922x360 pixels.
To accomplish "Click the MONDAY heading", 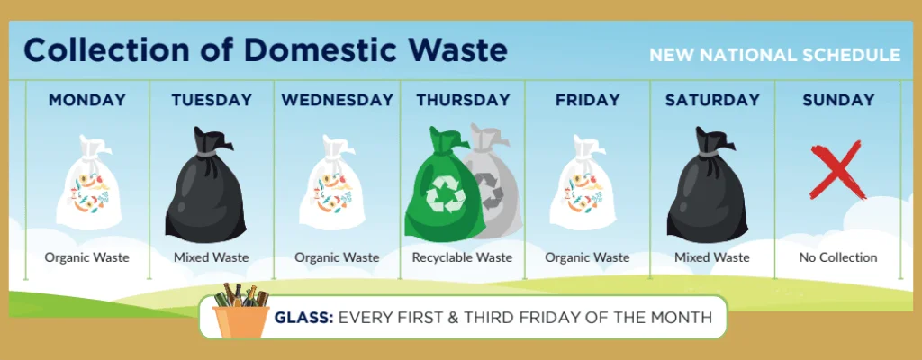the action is pyautogui.click(x=87, y=100).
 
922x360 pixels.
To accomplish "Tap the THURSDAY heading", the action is pyautogui.click(x=463, y=100).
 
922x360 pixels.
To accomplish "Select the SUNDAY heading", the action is pyautogui.click(x=838, y=100).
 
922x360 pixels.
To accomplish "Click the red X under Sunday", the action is pyautogui.click(x=838, y=170).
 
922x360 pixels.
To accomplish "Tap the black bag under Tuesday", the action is pyautogui.click(x=205, y=185).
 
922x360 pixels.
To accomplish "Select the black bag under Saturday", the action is pyautogui.click(x=708, y=185).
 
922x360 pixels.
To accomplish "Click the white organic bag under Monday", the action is pyautogui.click(x=89, y=183).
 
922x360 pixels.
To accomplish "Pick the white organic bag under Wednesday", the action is pyautogui.click(x=332, y=183).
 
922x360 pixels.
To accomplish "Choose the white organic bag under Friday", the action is pyautogui.click(x=583, y=183).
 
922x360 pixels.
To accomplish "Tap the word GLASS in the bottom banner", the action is pyautogui.click(x=304, y=318).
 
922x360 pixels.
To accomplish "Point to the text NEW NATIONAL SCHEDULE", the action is pyautogui.click(x=775, y=55).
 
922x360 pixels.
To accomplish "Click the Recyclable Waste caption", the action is pyautogui.click(x=462, y=257).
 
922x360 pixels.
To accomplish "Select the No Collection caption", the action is pyautogui.click(x=838, y=257).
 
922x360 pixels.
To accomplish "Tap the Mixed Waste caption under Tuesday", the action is pyautogui.click(x=211, y=257).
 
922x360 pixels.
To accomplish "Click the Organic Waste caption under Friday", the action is pyautogui.click(x=587, y=257).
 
